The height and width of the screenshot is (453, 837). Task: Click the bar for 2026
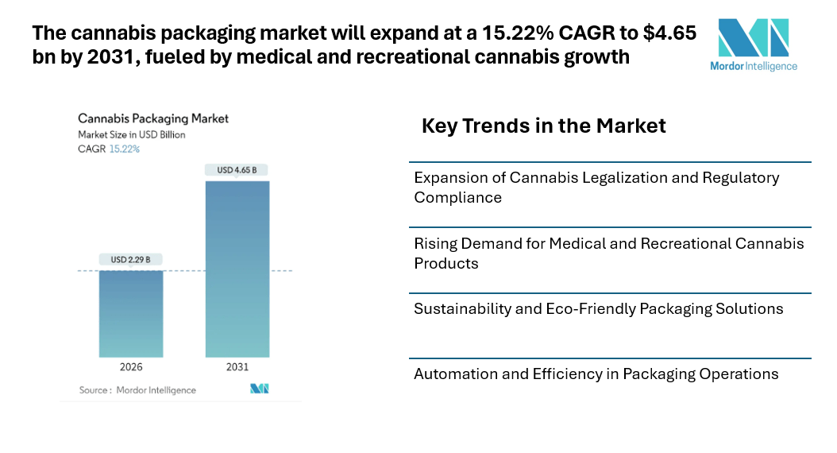[130, 314]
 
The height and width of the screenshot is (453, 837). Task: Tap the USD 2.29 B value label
[130, 259]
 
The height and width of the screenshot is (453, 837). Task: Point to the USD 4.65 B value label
[237, 169]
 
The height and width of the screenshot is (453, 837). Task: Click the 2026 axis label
[130, 367]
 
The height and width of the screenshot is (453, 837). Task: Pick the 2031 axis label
[237, 367]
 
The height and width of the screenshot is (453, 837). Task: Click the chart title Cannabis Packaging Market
[153, 118]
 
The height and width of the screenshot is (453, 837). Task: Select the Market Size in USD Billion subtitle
[131, 134]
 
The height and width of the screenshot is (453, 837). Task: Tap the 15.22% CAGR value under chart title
[124, 149]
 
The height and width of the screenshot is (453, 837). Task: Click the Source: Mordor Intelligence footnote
[137, 390]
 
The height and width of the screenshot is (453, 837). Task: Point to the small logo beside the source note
[260, 389]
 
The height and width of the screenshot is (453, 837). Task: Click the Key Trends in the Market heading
[543, 126]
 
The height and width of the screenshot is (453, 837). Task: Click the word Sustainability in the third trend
[462, 308]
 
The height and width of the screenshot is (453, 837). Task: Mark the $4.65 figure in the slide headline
[669, 33]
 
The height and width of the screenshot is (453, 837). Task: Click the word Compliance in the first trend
[457, 197]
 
